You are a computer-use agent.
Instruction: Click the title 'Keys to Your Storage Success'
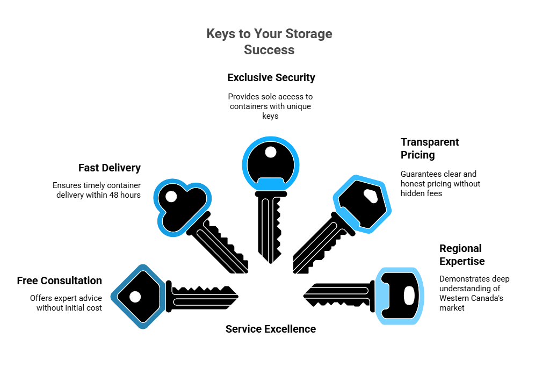[x=269, y=41]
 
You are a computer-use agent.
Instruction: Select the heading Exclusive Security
[x=271, y=77]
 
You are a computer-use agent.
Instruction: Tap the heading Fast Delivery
[x=109, y=168]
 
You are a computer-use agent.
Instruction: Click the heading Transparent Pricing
[x=430, y=148]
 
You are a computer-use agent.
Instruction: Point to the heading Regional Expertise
[x=461, y=255]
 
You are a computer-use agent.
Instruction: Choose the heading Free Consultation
[x=59, y=280]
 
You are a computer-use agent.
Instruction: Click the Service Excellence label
[x=270, y=329]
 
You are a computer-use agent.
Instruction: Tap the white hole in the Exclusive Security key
[x=271, y=152]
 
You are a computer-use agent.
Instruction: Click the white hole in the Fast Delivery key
[x=171, y=197]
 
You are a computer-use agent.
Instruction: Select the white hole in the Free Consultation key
[x=135, y=297]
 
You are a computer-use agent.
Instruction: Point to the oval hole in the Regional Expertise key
[x=409, y=296]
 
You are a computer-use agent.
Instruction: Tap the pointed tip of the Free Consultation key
[x=237, y=296]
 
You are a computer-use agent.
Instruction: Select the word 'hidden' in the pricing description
[x=413, y=193]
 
